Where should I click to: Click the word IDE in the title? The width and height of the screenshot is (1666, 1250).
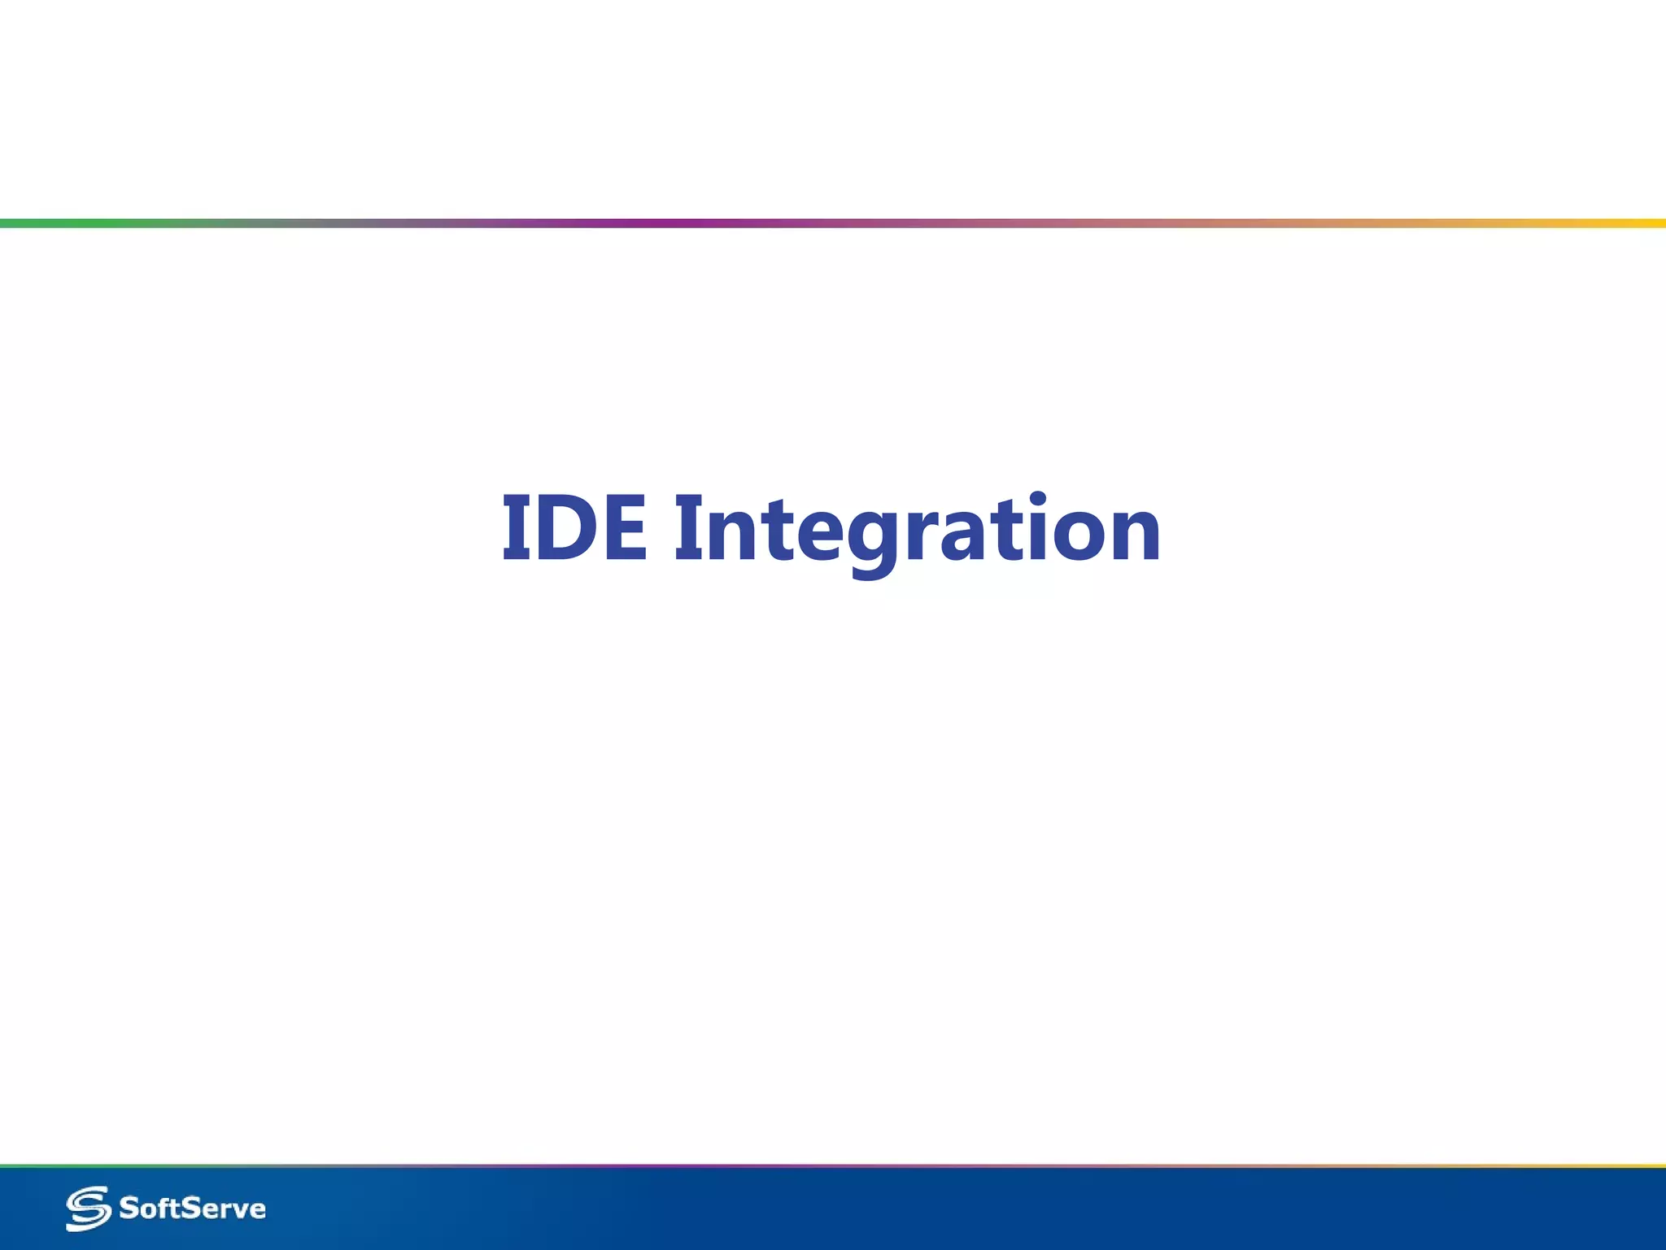(x=574, y=529)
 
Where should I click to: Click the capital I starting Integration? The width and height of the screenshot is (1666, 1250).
(x=688, y=529)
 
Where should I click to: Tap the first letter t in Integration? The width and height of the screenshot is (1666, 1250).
(x=776, y=529)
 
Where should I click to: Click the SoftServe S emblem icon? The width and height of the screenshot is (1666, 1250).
(x=88, y=1208)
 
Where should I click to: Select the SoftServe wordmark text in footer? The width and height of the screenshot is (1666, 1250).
(x=193, y=1208)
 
